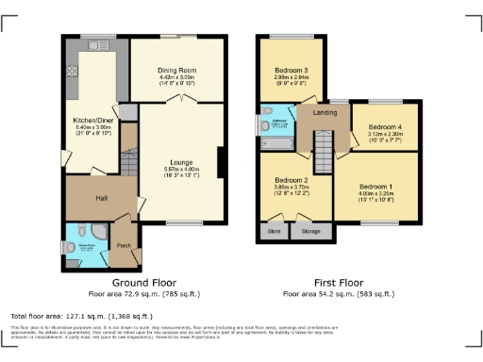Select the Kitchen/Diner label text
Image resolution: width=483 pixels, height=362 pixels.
(92, 121)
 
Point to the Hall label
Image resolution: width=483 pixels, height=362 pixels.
(101, 198)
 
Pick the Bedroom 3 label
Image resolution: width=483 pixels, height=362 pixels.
(291, 71)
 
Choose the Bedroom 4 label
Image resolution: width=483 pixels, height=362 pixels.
(384, 126)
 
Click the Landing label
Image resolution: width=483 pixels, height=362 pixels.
(324, 115)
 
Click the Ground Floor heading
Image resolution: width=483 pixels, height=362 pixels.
(143, 283)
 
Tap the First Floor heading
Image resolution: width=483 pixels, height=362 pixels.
(337, 283)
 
